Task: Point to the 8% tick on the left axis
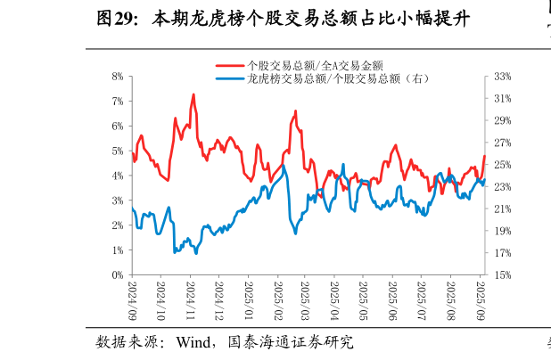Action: [117, 77]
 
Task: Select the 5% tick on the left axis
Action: [117, 151]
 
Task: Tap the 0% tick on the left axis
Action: [117, 275]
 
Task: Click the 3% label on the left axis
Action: [117, 201]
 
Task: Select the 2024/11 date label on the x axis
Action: [190, 301]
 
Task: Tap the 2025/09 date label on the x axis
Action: [480, 301]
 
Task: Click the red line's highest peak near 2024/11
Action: [193, 94]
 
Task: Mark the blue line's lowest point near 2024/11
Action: [175, 252]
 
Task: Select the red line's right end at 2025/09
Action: [484, 156]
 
